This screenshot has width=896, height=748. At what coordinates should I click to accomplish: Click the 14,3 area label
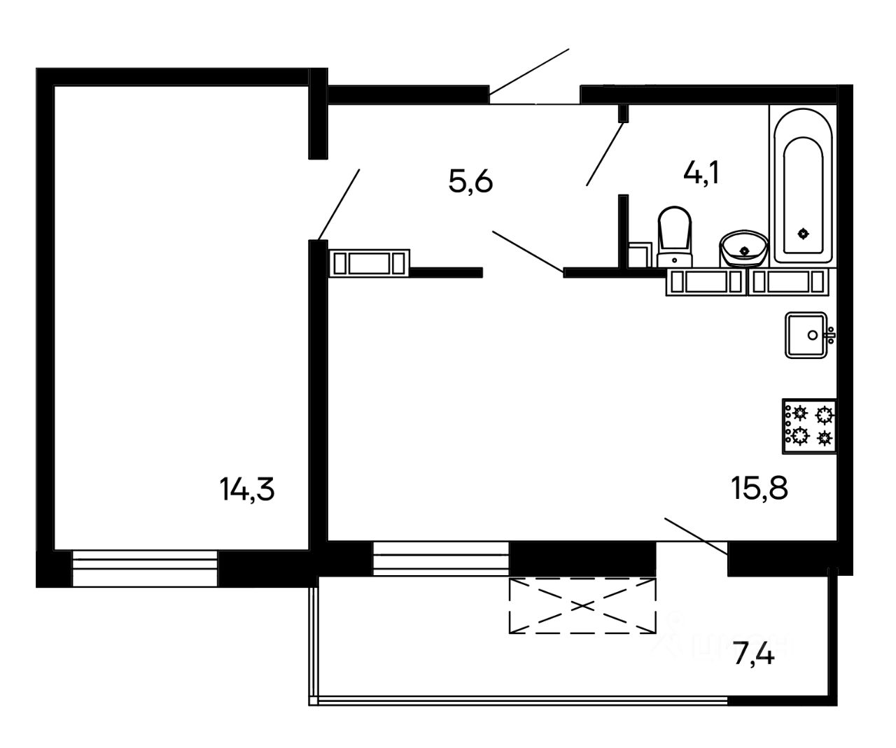[247, 489]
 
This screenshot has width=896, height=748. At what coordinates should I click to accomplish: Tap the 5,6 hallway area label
[471, 183]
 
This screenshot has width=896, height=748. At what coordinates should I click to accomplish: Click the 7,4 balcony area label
[754, 656]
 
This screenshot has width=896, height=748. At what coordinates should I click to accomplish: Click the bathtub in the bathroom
[803, 185]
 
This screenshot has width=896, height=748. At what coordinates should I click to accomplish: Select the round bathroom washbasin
[743, 248]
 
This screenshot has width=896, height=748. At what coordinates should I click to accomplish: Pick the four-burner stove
[809, 426]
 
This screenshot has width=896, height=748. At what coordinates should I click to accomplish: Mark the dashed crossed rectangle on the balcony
[582, 605]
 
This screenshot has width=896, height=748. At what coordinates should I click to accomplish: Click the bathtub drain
[803, 234]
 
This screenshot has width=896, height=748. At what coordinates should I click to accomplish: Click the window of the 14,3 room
[145, 568]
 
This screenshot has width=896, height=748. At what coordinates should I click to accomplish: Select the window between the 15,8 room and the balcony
[440, 558]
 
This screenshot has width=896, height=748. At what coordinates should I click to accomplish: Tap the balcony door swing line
[696, 537]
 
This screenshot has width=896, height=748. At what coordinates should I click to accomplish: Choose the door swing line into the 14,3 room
[339, 204]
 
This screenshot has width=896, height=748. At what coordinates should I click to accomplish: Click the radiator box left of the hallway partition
[369, 262]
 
